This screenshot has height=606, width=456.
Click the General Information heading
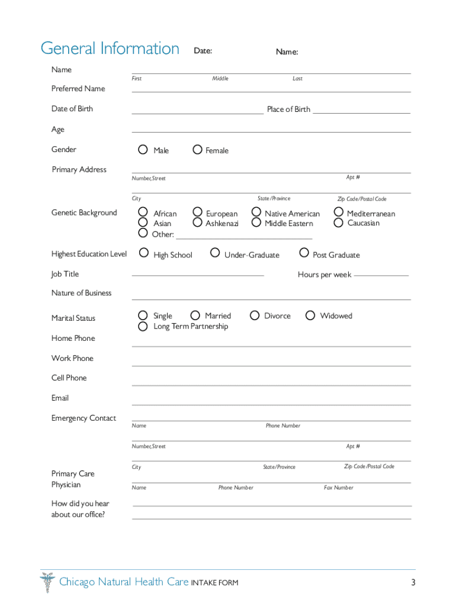click(110, 49)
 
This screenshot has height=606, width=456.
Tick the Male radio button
click(143, 150)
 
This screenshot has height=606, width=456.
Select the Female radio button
click(197, 150)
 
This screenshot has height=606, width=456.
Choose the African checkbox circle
click(143, 212)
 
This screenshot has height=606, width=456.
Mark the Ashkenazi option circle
click(197, 223)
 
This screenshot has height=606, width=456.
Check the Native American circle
click(256, 212)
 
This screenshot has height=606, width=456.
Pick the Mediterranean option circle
click(338, 212)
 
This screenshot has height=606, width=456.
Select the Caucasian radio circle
click(338, 223)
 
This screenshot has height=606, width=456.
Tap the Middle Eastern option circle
click(256, 223)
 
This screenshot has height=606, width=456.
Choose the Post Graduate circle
click(304, 253)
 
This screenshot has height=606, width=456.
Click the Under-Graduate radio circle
click(215, 253)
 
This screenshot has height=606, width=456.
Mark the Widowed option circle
click(310, 315)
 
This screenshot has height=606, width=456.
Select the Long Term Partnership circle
click(143, 326)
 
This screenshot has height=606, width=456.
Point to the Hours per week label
click(324, 275)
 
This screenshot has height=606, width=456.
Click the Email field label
click(60, 398)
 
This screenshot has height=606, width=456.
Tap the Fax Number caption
click(338, 488)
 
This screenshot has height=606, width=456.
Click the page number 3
click(413, 582)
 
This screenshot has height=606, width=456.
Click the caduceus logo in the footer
click(47, 582)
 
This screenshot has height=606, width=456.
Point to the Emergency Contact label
click(84, 418)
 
